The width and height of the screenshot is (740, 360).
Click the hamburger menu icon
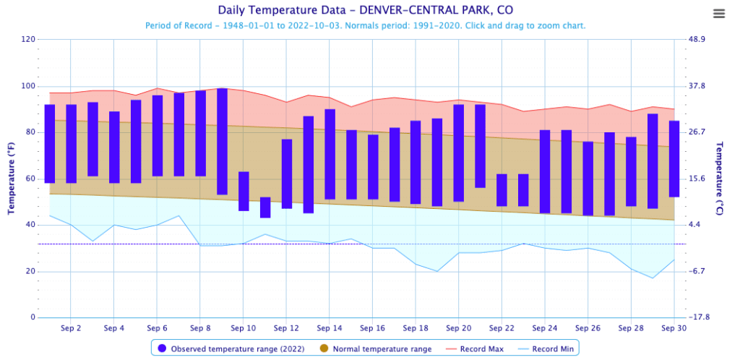pyautogui.click(x=718, y=14)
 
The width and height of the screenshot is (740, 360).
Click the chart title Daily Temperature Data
pyautogui.click(x=369, y=11)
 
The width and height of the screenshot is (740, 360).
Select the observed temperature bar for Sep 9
pyautogui.click(x=222, y=141)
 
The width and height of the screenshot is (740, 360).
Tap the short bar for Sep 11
pyautogui.click(x=265, y=207)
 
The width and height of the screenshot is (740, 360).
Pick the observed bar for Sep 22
pyautogui.click(x=502, y=190)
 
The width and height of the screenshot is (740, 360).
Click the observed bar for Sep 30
pyautogui.click(x=674, y=158)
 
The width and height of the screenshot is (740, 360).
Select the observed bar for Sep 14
pyautogui.click(x=330, y=154)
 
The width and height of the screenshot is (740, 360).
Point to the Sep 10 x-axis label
pyautogui.click(x=243, y=327)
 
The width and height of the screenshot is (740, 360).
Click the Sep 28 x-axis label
pyautogui.click(x=630, y=327)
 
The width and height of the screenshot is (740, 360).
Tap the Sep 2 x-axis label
pyautogui.click(x=71, y=327)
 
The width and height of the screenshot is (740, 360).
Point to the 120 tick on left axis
pyautogui.click(x=28, y=39)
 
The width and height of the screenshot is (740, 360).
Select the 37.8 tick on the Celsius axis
pyautogui.click(x=698, y=86)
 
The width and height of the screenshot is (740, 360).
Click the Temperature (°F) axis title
pyautogui.click(x=11, y=178)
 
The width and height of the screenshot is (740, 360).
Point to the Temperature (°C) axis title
pyautogui.click(x=719, y=178)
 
